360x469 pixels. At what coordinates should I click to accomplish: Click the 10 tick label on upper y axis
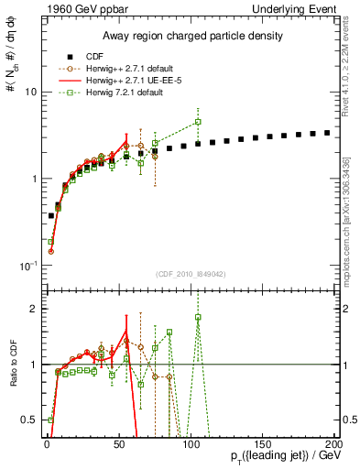[x=29, y=93]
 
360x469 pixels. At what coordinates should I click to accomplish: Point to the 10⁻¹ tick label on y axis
[x=27, y=266]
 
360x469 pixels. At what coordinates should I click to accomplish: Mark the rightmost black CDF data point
[x=327, y=133]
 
